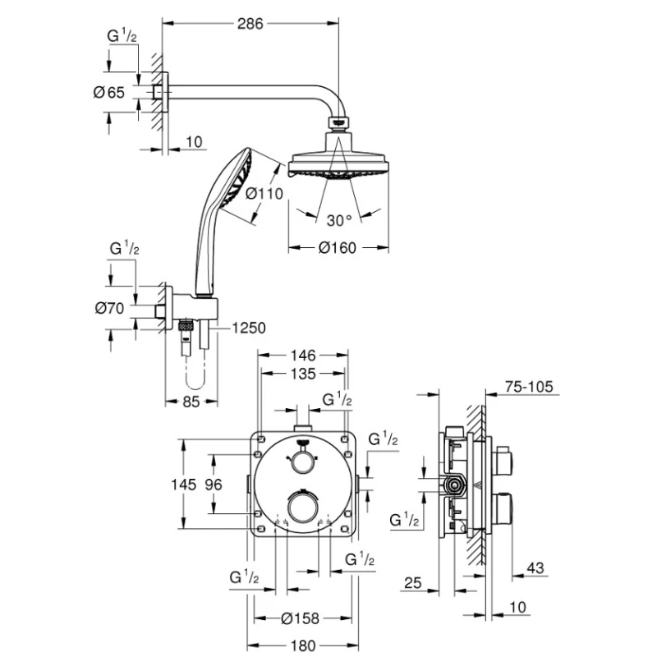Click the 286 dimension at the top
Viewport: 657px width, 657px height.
250,24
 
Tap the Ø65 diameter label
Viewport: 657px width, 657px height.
109,92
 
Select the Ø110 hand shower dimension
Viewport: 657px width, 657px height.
264,194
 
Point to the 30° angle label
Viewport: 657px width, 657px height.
338,220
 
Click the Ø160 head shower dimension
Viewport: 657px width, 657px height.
338,248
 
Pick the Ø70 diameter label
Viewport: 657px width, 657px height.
110,309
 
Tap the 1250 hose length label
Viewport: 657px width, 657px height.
249,328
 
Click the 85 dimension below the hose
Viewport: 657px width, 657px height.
191,402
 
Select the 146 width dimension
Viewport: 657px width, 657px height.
303,356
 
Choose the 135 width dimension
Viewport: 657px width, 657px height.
303,374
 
